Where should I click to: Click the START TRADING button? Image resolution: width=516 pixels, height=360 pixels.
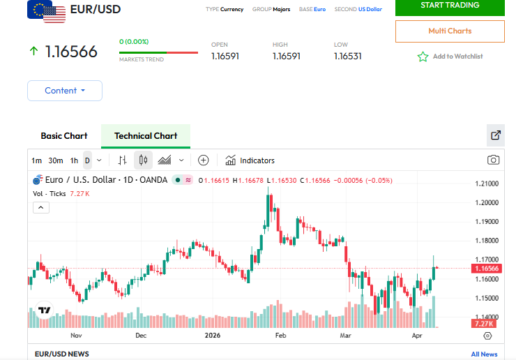[x=450, y=6]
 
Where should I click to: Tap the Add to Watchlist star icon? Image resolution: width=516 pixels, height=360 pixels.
[x=423, y=57]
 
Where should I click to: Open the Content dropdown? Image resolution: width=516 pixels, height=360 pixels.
[x=65, y=91]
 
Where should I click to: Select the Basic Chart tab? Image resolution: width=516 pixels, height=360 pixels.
[x=64, y=136]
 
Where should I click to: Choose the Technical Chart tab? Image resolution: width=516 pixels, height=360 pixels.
[x=146, y=136]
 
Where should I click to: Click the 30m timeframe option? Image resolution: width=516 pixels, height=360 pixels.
[x=56, y=160]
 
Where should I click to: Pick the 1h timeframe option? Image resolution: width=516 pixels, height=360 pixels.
[x=74, y=160]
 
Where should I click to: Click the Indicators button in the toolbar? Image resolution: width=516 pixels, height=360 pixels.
[x=250, y=160]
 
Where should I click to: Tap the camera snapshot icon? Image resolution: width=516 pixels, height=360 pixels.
[x=494, y=160]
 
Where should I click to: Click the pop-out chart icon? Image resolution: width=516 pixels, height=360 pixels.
[x=496, y=135]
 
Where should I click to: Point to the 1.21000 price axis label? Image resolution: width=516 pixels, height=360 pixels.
[x=486, y=184]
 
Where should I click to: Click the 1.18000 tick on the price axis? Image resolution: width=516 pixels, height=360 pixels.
[x=486, y=241]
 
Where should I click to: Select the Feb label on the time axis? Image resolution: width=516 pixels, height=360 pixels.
[x=281, y=335]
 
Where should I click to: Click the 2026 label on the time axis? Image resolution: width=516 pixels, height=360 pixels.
[x=213, y=335]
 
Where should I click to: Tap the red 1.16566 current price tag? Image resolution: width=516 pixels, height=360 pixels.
[x=485, y=269]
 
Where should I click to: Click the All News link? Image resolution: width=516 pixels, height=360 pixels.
[x=484, y=354]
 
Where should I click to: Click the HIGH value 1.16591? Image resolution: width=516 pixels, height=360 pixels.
[x=286, y=57]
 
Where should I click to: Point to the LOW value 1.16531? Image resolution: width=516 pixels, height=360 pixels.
[x=347, y=57]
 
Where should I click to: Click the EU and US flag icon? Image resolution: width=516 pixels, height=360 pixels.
[x=46, y=11]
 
